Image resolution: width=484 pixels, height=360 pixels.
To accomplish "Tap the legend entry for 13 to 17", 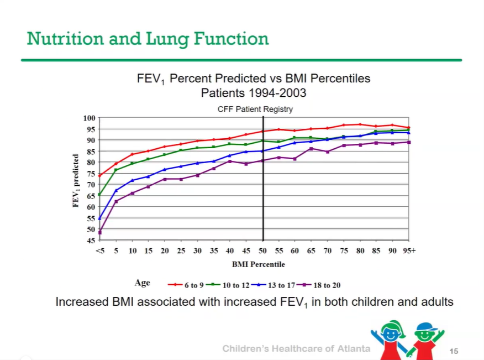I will pos(275,285).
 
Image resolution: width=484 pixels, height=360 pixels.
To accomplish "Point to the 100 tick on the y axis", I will pos(90,118).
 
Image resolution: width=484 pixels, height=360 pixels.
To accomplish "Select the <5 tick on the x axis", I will pos(99,251).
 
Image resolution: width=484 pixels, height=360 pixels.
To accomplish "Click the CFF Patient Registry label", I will pos(255,109).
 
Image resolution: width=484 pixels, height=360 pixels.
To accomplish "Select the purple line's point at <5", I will pos(100,232).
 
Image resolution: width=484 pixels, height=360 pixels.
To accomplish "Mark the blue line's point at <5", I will pos(100,218).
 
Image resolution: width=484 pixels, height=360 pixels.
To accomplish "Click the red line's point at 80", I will pos(360,124).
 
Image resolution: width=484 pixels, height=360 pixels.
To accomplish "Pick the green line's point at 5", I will pos(116,170).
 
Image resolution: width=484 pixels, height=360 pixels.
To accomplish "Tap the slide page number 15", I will pos(455,351).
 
